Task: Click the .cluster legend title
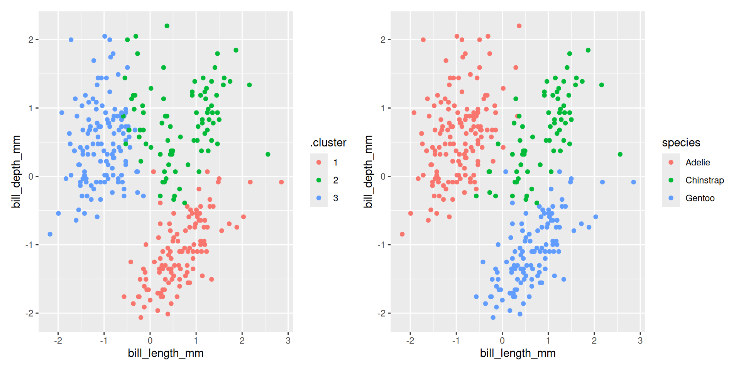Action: pyautogui.click(x=328, y=143)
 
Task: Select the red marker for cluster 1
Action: pyautogui.click(x=319, y=162)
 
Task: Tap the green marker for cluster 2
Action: pyautogui.click(x=319, y=180)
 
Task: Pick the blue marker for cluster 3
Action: pyautogui.click(x=319, y=198)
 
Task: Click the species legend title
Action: pyautogui.click(x=681, y=143)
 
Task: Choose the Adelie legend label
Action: pyautogui.click(x=697, y=162)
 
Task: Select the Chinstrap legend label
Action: pyautogui.click(x=704, y=180)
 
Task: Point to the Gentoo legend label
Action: pyautogui.click(x=700, y=198)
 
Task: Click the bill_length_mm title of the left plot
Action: pyautogui.click(x=166, y=353)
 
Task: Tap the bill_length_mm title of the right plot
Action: pyautogui.click(x=518, y=353)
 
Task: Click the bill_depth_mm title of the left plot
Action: pyautogui.click(x=16, y=172)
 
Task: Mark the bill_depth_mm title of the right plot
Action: pyautogui.click(x=368, y=172)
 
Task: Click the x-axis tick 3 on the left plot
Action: pyautogui.click(x=288, y=341)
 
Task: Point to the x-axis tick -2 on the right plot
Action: pyautogui.click(x=410, y=341)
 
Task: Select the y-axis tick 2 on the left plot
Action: pyautogui.click(x=31, y=40)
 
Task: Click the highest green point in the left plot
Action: pyautogui.click(x=167, y=26)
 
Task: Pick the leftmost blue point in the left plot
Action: pyautogui.click(x=50, y=234)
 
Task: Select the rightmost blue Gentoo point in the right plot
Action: pyautogui.click(x=633, y=182)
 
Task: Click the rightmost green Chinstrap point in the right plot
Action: pyautogui.click(x=620, y=154)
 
